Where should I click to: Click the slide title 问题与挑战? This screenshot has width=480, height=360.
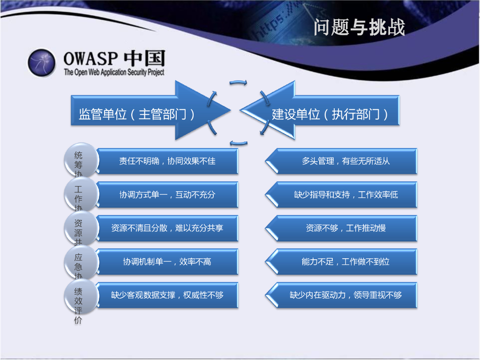point(359,28)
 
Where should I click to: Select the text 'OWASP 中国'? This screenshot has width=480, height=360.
point(114,59)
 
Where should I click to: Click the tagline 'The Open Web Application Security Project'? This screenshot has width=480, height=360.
point(114,73)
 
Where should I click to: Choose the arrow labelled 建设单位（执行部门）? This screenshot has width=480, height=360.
point(328,114)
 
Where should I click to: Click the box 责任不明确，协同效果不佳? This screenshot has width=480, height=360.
point(167,161)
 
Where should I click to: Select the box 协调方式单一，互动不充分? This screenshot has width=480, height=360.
point(167,195)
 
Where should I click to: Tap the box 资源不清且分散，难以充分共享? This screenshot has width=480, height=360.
point(167,228)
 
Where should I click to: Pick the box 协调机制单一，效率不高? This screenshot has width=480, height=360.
point(167,262)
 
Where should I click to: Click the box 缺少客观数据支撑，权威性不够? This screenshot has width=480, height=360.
point(167,295)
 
